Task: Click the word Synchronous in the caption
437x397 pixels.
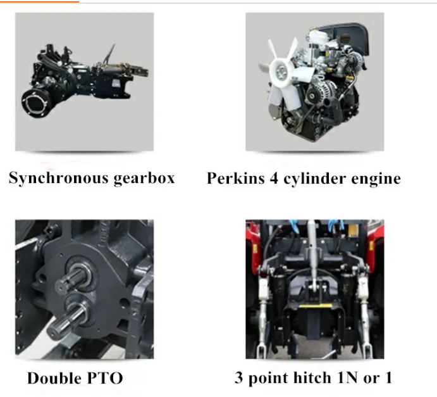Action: pyautogui.click(x=59, y=178)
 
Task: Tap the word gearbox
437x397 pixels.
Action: pyautogui.click(x=144, y=178)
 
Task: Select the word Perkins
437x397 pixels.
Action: pyautogui.click(x=235, y=178)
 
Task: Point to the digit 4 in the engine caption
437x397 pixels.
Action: pyautogui.click(x=274, y=178)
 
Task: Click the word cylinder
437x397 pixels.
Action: pyautogui.click(x=315, y=179)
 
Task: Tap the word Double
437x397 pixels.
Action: pyautogui.click(x=54, y=378)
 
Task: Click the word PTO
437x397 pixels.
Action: pyautogui.click(x=105, y=379)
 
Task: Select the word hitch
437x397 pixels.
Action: pyautogui.click(x=312, y=378)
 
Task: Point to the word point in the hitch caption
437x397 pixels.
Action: pyautogui.click(x=268, y=378)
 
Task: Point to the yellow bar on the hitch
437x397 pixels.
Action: pyautogui.click(x=315, y=306)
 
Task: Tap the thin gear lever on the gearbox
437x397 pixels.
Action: pyautogui.click(x=109, y=54)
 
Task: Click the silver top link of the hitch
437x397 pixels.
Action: pyautogui.click(x=312, y=254)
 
